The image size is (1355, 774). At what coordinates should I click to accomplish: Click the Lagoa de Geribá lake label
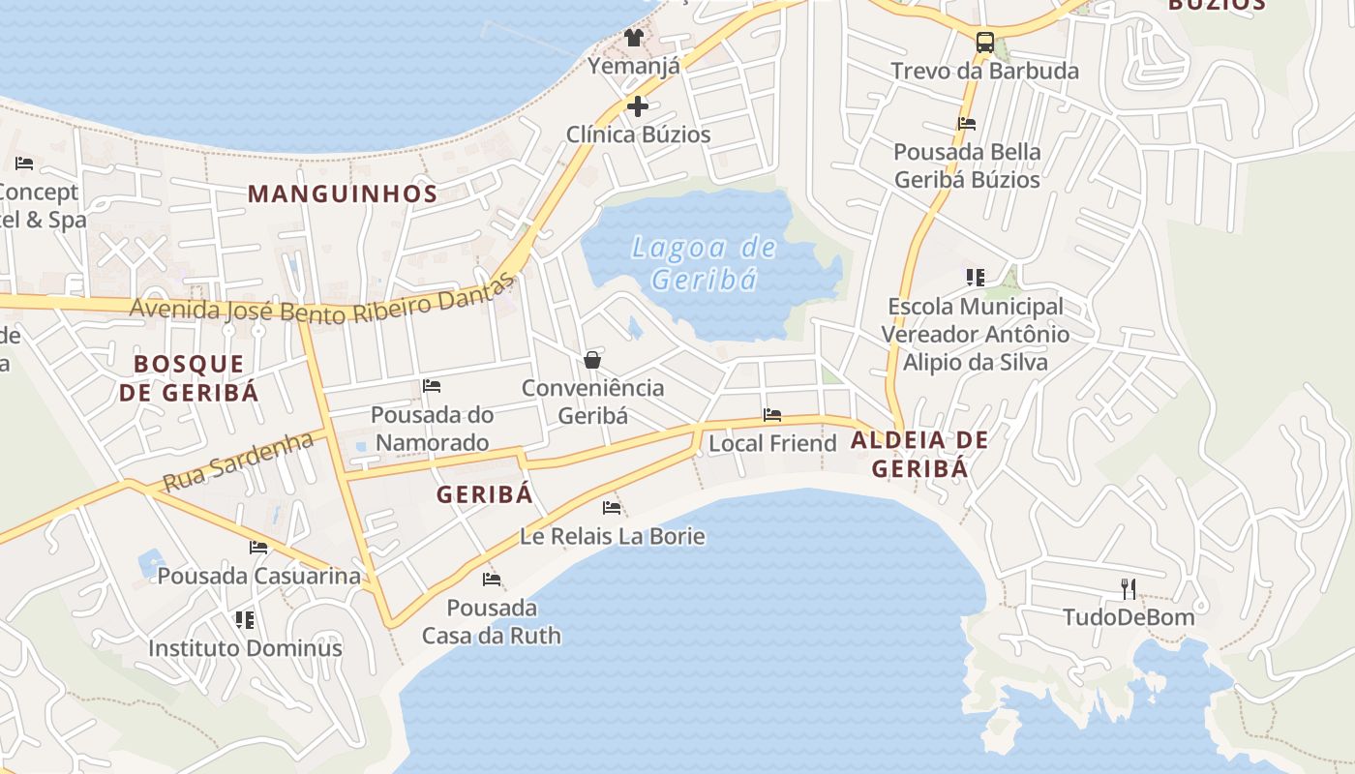(704, 263)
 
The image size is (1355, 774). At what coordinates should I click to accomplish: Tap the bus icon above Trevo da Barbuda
(984, 42)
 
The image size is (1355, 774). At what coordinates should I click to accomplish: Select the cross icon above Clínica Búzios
(638, 105)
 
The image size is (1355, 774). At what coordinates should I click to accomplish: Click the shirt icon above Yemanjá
(634, 38)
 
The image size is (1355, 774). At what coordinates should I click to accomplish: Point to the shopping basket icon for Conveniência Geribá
(592, 360)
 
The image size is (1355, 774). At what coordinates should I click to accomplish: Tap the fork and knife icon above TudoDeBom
(1128, 588)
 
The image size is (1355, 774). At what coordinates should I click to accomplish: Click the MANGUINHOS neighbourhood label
(343, 193)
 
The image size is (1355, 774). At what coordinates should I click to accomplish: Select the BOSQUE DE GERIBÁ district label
(196, 378)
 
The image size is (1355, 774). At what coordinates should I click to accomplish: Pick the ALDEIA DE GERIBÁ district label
(919, 455)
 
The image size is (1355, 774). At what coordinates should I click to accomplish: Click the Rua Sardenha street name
(237, 461)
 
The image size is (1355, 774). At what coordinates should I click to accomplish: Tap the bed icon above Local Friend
(772, 415)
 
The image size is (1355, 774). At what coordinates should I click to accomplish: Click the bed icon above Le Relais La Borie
(612, 507)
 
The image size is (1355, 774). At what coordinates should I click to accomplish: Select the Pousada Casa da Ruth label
(491, 622)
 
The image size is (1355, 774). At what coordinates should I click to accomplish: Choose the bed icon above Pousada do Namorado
(432, 386)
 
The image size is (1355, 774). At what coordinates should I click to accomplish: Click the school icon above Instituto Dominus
(245, 619)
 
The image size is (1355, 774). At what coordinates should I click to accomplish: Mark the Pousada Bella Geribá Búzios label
(967, 165)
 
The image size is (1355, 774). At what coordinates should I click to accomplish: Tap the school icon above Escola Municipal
(976, 278)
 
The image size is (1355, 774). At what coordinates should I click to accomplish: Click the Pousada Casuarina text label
(258, 576)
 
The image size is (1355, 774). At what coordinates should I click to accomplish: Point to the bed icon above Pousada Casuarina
(258, 548)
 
